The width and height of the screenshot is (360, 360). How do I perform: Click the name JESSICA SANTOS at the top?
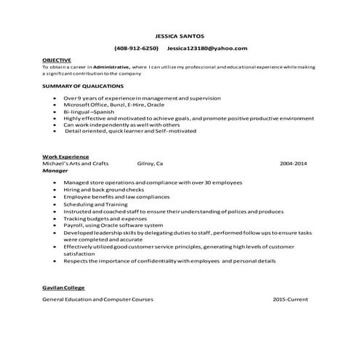coord(181,35)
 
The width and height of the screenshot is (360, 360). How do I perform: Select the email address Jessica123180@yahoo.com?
coord(207,48)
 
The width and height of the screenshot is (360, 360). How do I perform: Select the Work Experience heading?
coord(65,156)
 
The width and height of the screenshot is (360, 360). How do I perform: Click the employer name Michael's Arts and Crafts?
coord(75,164)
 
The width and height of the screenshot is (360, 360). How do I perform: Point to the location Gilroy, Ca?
coord(150,164)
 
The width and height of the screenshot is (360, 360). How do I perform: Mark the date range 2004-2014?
coord(293,164)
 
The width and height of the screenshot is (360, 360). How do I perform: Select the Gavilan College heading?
coord(63,288)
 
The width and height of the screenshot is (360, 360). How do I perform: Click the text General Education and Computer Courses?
coord(97,299)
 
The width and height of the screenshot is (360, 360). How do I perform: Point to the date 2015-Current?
coord(290,299)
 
